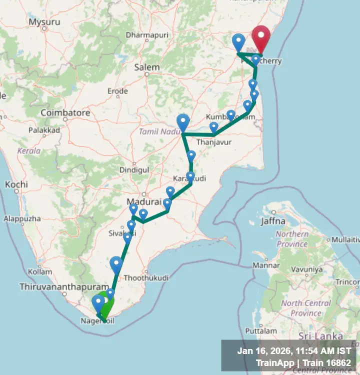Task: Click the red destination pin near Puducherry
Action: [x=260, y=37]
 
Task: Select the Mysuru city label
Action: [x=44, y=21]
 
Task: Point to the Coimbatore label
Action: [x=65, y=113]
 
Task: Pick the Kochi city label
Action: [x=16, y=184]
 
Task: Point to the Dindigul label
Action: [x=134, y=170]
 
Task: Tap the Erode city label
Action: [x=117, y=91]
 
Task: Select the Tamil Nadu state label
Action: [x=158, y=131]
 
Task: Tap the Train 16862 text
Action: [x=329, y=362]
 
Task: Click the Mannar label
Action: [x=265, y=265]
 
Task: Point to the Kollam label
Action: [x=37, y=271]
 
